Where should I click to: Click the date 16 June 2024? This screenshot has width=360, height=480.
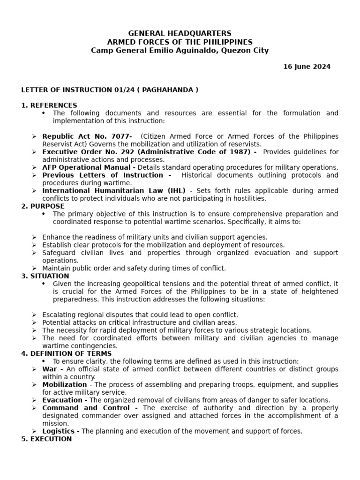point(307,67)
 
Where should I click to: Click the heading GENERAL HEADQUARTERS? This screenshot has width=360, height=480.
point(180,33)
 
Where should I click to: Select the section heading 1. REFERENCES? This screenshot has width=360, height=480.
point(49,105)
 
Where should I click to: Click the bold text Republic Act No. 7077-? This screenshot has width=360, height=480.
point(87,136)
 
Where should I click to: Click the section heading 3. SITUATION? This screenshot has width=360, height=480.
point(45,276)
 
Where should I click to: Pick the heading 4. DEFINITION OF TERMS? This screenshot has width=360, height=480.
point(67,353)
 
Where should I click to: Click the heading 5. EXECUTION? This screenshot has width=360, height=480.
point(46,439)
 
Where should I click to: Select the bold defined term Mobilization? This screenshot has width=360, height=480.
point(65,384)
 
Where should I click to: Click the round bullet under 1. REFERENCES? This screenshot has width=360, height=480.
point(44,113)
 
